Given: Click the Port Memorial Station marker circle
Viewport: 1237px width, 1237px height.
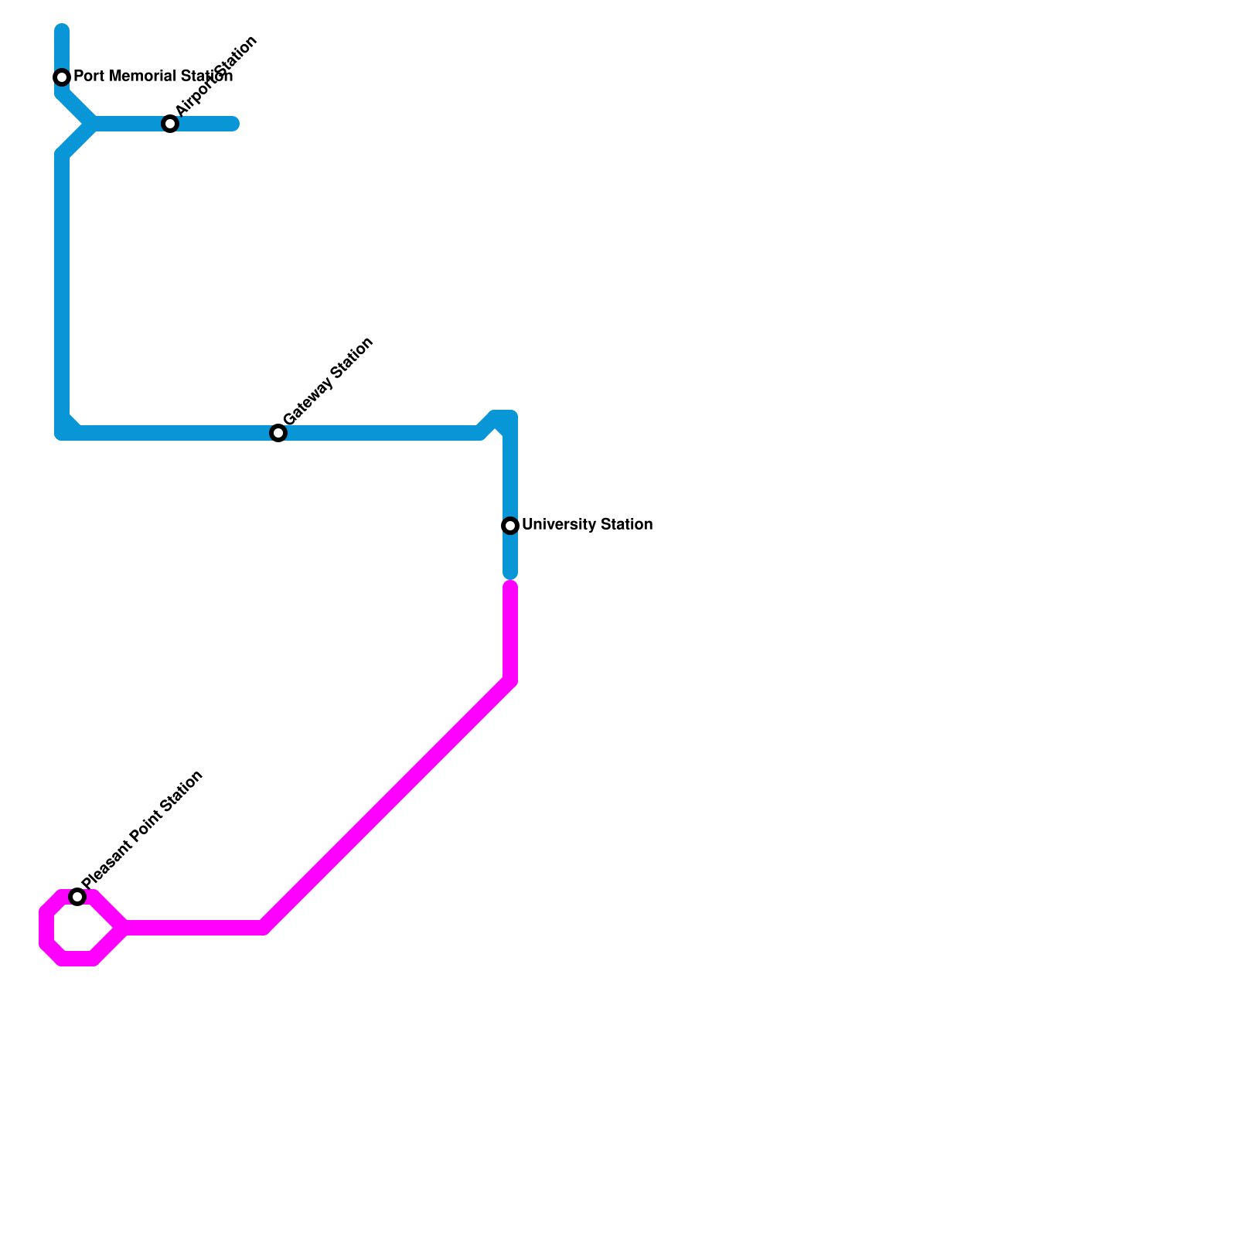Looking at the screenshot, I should click(x=62, y=77).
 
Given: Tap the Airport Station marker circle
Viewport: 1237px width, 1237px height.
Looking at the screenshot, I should click(x=170, y=124).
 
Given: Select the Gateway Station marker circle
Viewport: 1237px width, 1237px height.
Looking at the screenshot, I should click(x=278, y=433).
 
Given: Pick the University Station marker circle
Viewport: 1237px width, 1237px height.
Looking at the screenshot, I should click(x=510, y=526).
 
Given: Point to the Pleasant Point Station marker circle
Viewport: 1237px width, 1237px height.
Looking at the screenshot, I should click(x=77, y=897).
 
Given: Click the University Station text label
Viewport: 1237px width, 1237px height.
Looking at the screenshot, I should click(x=587, y=525).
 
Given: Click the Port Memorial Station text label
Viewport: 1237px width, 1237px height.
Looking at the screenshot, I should click(x=152, y=77).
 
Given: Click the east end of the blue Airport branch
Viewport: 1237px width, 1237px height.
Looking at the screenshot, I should click(x=234, y=124).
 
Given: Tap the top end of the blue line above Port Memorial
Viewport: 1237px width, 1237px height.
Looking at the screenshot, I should click(x=62, y=30).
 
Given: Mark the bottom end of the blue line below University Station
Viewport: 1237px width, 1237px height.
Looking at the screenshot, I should click(x=510, y=574).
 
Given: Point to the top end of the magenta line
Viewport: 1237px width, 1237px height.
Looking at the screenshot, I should click(x=510, y=587).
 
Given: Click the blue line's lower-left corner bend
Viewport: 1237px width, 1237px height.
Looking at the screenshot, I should click(x=63, y=432).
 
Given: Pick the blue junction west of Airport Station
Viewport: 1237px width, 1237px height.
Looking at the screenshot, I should click(x=93, y=124).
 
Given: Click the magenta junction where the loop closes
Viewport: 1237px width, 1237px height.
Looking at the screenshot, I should click(x=124, y=928).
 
